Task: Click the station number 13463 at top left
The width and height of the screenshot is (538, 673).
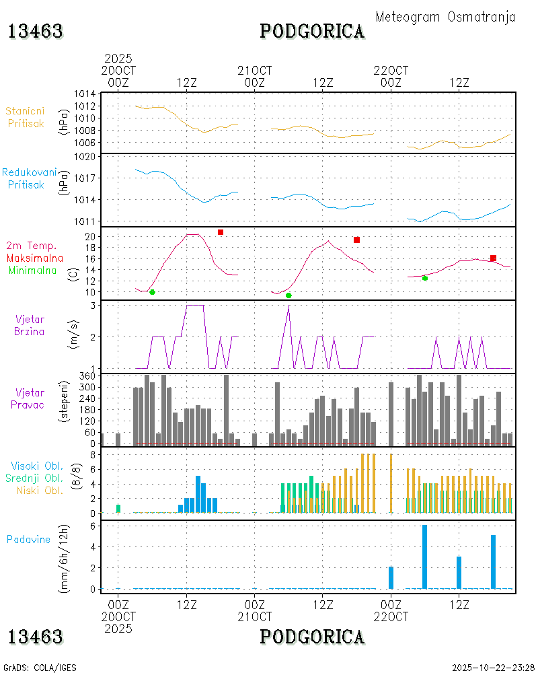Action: tap(36, 32)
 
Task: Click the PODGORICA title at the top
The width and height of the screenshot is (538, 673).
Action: tap(312, 32)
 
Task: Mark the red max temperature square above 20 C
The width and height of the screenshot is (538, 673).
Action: tap(221, 232)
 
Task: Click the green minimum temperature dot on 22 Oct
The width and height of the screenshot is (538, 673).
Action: tap(425, 278)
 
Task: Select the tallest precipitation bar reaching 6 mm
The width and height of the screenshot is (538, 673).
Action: tap(425, 557)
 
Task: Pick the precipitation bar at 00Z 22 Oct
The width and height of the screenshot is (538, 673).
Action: tap(391, 577)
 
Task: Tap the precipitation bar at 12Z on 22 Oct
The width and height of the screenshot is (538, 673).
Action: tap(459, 572)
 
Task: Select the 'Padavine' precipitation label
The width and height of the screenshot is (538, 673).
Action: tap(29, 539)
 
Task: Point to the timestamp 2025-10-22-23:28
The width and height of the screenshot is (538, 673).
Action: tap(493, 667)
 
